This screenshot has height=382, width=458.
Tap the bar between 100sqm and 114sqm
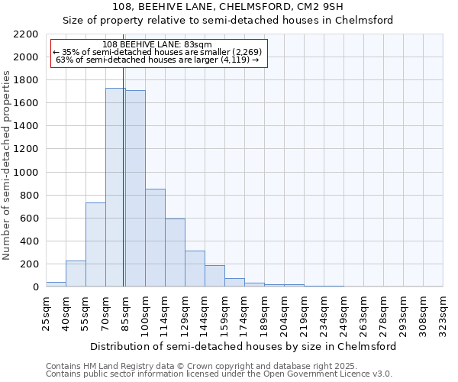click(x=155, y=238)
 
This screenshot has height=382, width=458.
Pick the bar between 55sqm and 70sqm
click(x=95, y=244)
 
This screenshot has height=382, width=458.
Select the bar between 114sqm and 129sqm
click(x=175, y=253)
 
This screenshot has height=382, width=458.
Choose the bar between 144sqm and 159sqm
click(x=214, y=276)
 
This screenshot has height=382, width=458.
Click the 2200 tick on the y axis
click(x=25, y=34)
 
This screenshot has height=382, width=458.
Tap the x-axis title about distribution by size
click(x=244, y=346)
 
